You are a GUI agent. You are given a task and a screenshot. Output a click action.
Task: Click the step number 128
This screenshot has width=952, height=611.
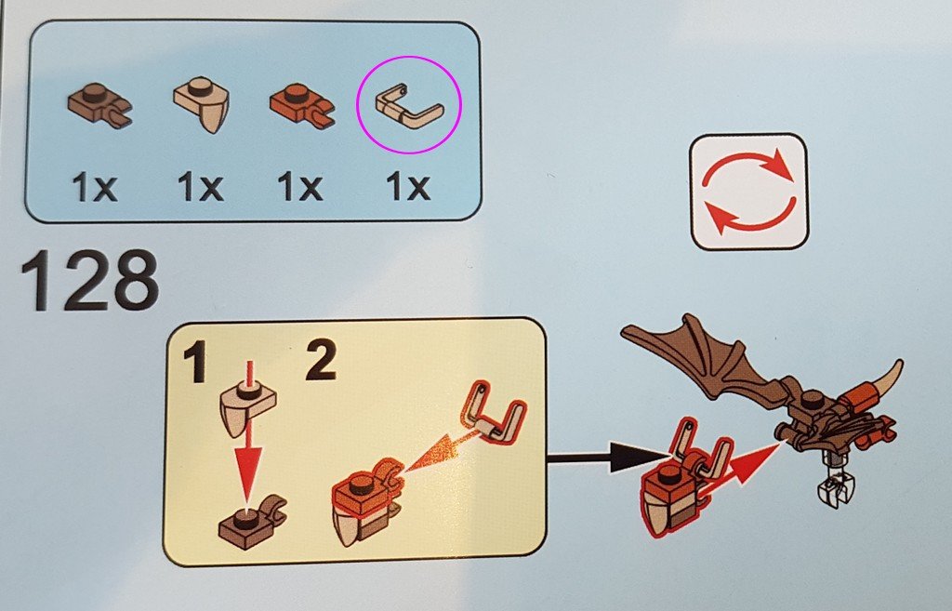tap(90, 280)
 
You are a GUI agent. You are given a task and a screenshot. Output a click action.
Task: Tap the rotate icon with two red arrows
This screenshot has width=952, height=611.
tap(748, 192)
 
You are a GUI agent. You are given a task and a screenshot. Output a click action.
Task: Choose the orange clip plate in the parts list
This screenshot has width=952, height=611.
tap(302, 105)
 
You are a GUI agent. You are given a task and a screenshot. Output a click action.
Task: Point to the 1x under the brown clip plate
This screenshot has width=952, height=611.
tap(94, 186)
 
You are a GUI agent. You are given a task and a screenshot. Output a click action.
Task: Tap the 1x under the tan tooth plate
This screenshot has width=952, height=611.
tap(201, 186)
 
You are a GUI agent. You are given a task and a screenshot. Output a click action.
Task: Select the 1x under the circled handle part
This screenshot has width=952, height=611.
tap(408, 186)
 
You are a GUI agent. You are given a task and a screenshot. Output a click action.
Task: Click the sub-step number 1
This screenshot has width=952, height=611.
tap(195, 362)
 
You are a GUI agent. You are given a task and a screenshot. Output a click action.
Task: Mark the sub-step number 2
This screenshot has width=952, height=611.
tap(321, 360)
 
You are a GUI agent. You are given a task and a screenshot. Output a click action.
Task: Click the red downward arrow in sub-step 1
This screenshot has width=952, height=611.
tap(248, 437)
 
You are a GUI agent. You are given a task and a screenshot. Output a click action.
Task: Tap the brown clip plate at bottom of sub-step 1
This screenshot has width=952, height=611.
tap(252, 523)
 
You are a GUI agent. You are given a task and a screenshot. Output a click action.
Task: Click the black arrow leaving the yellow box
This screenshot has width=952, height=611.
tap(608, 457)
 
